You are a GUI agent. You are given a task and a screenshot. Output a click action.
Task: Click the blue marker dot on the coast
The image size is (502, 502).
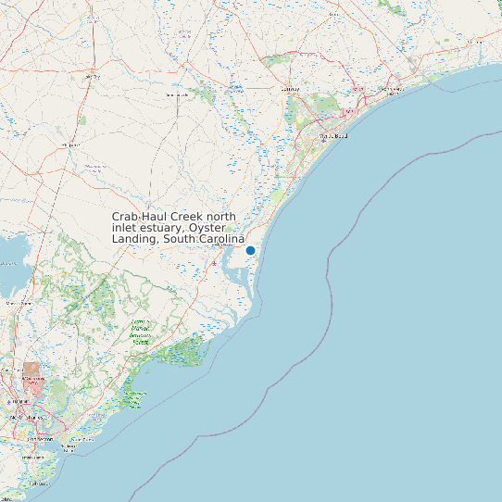[250, 250]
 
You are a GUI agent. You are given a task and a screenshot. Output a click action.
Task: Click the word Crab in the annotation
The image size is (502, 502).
[125, 216]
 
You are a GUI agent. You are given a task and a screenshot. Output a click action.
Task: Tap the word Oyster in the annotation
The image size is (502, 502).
[208, 227]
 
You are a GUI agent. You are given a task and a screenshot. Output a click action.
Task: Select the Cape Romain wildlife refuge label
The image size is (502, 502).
[135, 398]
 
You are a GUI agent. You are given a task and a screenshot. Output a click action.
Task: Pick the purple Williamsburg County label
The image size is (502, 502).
[94, 168]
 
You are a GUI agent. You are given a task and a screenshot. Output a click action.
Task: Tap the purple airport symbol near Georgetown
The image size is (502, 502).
[214, 264]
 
